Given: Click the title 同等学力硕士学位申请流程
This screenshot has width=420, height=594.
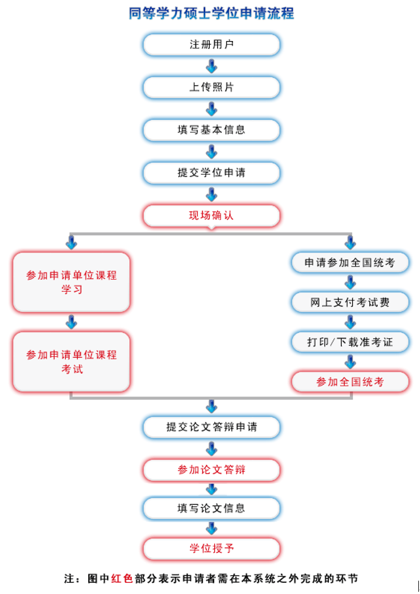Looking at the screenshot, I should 211,13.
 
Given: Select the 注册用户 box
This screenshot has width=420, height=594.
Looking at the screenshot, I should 211,45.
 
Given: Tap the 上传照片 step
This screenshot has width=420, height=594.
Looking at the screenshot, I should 211,88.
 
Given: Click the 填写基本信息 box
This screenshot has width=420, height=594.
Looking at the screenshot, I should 211,130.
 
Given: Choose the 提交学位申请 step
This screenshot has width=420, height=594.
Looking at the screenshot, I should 211,173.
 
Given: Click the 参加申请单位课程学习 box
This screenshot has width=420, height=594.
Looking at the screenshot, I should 72,282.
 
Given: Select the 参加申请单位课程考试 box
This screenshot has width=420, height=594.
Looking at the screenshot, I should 72,361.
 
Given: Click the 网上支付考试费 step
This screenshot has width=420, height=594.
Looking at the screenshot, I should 350,303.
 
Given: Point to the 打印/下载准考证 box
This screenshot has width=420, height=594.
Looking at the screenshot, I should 350,343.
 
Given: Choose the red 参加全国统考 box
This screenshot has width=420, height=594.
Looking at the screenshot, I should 350,382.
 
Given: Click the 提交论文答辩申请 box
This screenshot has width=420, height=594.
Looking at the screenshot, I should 211,427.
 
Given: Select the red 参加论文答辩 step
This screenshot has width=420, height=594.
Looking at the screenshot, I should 211,470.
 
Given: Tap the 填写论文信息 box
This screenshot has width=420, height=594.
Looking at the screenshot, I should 211,509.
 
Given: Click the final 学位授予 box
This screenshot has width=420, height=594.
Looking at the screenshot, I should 211,549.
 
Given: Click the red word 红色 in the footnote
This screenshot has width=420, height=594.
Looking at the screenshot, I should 122,578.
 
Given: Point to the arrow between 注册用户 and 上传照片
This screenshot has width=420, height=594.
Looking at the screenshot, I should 211,67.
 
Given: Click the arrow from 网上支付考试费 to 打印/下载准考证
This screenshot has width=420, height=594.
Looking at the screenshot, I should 350,323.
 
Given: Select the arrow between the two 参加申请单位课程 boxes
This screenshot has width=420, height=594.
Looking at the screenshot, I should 72,322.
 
